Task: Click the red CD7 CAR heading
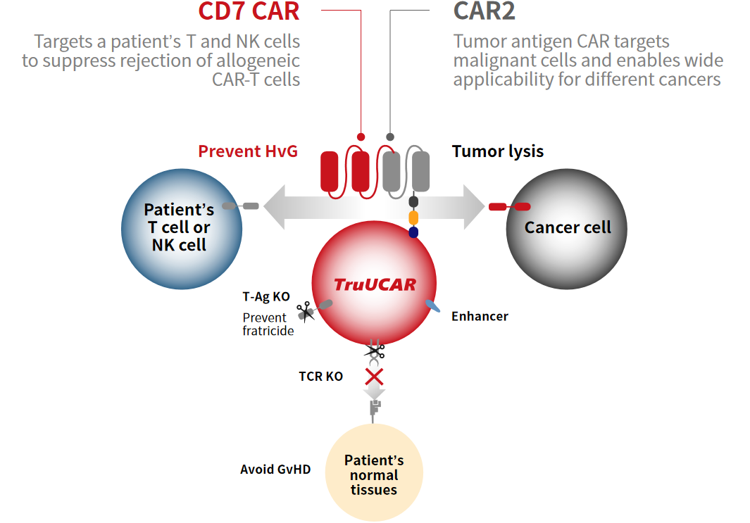click(249, 11)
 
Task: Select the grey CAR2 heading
click(484, 11)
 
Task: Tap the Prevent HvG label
click(248, 151)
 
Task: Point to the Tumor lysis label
click(497, 151)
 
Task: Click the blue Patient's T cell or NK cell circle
click(182, 229)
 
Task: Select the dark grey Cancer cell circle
click(567, 229)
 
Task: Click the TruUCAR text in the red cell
click(375, 284)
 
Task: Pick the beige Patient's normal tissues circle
click(374, 473)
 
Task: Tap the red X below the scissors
click(374, 377)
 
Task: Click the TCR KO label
click(321, 377)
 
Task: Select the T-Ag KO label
click(266, 297)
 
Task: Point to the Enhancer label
click(480, 317)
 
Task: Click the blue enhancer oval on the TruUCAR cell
click(432, 306)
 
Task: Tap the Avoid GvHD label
click(275, 470)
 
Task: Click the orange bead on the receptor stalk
click(414, 218)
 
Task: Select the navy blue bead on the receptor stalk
click(414, 232)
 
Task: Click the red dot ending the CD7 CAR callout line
click(361, 137)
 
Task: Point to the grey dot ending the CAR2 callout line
click(390, 137)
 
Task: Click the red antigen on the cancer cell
click(509, 206)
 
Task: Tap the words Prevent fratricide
click(268, 324)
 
